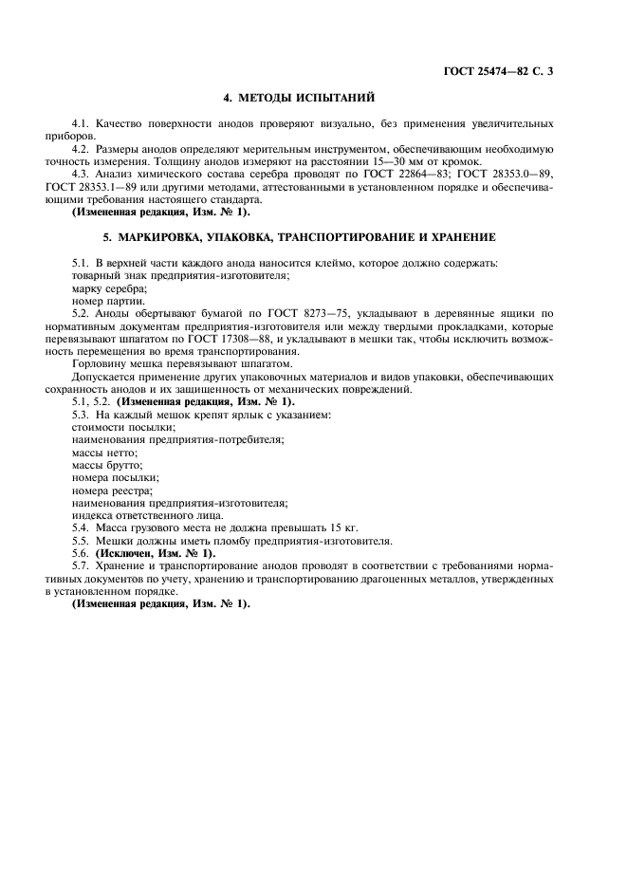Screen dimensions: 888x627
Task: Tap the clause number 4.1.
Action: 82,123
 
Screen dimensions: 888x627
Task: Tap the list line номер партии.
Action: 108,299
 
